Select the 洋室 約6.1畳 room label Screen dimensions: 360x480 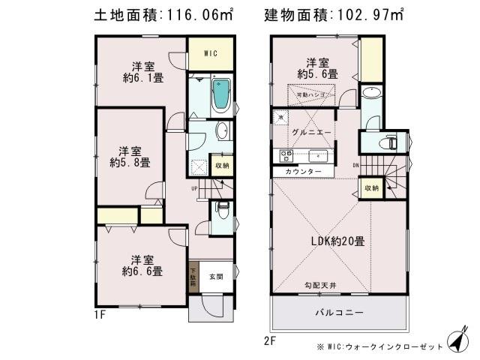click(x=144, y=70)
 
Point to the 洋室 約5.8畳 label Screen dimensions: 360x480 click(x=129, y=155)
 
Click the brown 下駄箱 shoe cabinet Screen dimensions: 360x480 click(x=193, y=279)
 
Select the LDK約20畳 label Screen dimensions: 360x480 click(x=338, y=241)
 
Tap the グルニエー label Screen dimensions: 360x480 click(x=308, y=132)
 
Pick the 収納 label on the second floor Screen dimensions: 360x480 click(x=371, y=187)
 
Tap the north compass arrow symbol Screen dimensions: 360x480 click(x=457, y=341)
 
